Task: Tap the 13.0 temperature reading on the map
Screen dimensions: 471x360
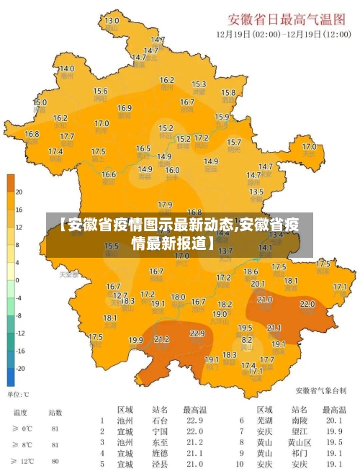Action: [112, 21]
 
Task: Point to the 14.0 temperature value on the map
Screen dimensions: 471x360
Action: [66, 68]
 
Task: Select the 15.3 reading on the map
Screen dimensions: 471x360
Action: [199, 85]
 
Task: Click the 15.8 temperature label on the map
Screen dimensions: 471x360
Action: [228, 93]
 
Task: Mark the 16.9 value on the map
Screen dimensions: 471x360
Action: [125, 108]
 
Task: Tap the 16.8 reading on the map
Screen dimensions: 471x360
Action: [32, 134]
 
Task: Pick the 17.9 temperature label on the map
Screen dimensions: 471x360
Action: [166, 205]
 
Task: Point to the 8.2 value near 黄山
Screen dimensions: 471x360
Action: [247, 339]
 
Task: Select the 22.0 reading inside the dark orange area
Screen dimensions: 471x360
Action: [307, 304]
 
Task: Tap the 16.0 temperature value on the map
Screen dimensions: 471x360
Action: [173, 171]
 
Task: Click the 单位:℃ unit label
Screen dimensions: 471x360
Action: [19, 394]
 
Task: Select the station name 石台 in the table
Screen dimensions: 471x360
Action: [161, 421]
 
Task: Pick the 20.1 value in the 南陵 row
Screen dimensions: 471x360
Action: [335, 421]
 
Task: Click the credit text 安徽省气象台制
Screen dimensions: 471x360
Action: [320, 390]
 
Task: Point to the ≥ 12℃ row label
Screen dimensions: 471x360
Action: [22, 460]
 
